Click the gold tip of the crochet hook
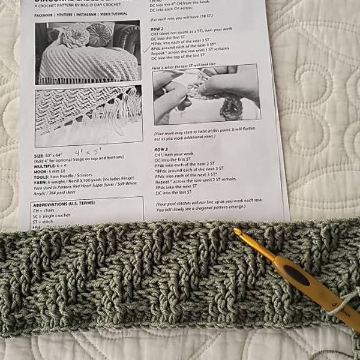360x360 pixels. [x=238, y=232]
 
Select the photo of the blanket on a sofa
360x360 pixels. [x=88, y=53]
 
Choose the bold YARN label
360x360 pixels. [x=43, y=183]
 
